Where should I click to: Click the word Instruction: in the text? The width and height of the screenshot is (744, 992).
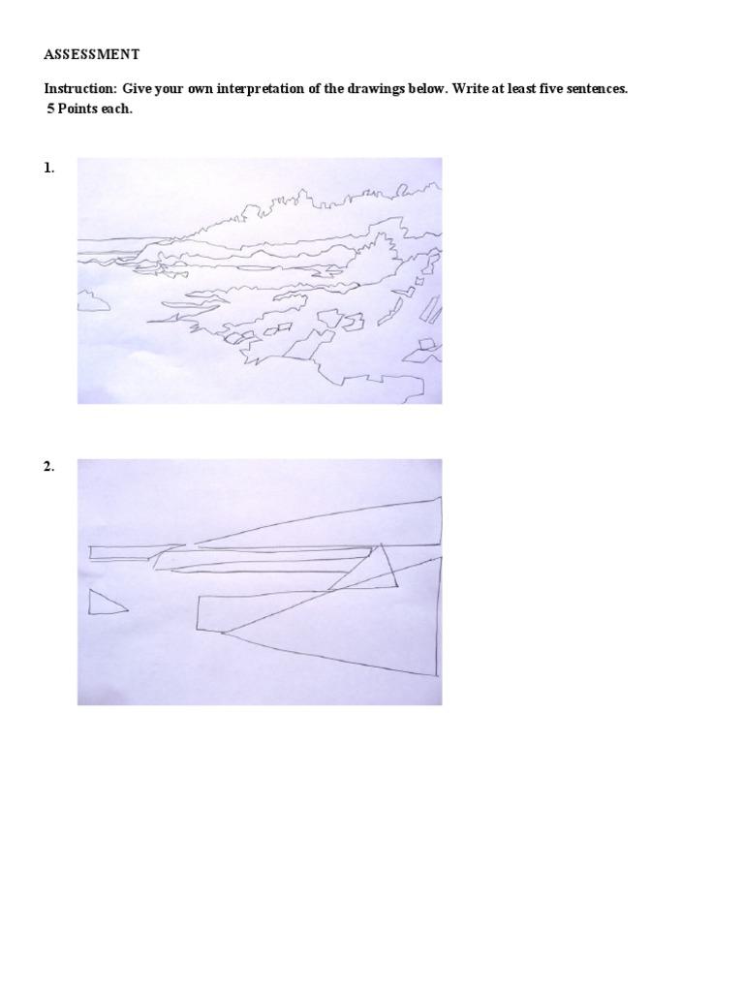[80, 88]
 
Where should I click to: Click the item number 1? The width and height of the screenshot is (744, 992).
[48, 168]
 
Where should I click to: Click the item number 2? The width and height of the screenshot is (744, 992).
[48, 467]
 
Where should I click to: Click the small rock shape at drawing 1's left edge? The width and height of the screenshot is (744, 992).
[93, 300]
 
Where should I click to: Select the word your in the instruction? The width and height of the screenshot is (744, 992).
[170, 88]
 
